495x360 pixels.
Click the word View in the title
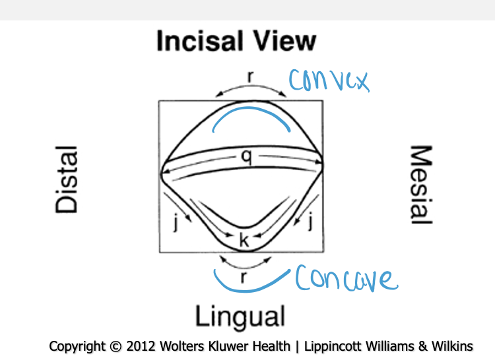click(284, 42)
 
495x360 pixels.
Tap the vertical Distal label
click(67, 179)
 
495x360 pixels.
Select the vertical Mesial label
click(421, 185)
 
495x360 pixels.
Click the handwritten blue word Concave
click(346, 279)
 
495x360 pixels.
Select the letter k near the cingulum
click(244, 241)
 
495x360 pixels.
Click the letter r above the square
click(250, 76)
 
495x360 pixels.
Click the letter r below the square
click(244, 277)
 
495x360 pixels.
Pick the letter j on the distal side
click(176, 224)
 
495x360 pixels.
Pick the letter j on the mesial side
click(310, 224)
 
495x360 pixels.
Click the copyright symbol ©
click(113, 346)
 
